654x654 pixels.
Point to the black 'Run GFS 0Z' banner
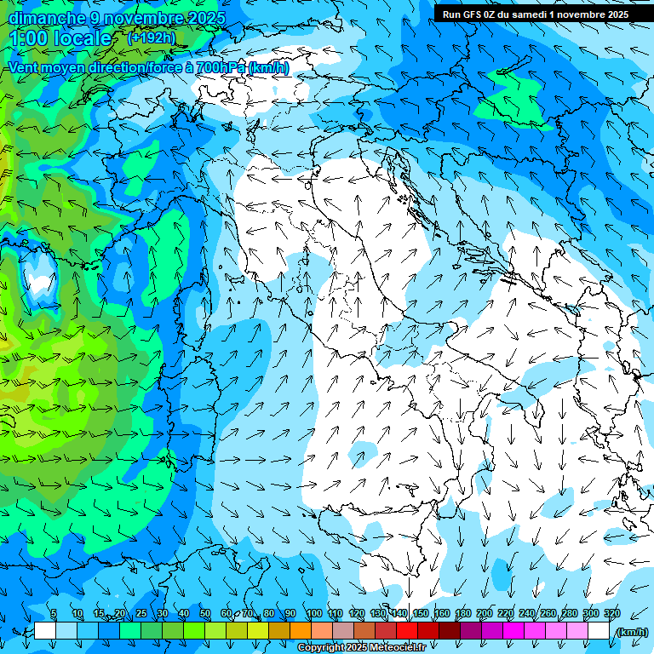pyautogui.click(x=535, y=14)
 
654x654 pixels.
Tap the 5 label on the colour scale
pyautogui.click(x=54, y=614)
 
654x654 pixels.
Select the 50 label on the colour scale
pyautogui.click(x=205, y=614)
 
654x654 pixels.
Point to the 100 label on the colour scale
pyautogui.click(x=313, y=614)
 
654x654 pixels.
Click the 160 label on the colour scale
pyautogui.click(x=441, y=614)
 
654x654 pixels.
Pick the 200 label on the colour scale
pyautogui.click(x=484, y=614)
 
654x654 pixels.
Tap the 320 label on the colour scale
pyautogui.click(x=611, y=614)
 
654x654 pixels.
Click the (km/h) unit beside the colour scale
pyautogui.click(x=631, y=632)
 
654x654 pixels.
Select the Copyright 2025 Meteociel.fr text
pyautogui.click(x=361, y=648)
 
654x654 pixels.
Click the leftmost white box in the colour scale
pyautogui.click(x=45, y=631)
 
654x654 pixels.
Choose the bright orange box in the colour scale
pyautogui.click(x=301, y=631)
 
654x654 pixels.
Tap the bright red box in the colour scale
pyautogui.click(x=407, y=631)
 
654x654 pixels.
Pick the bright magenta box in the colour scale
pyautogui.click(x=513, y=631)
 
